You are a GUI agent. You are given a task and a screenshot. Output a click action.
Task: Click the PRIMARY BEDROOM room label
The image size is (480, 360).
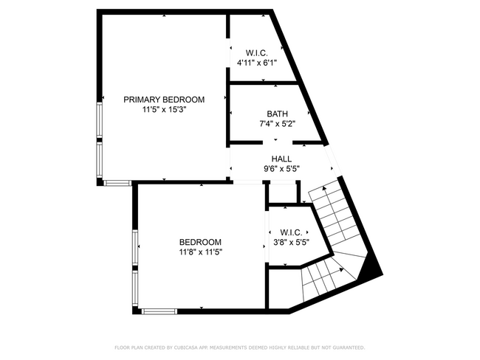coord(164,100)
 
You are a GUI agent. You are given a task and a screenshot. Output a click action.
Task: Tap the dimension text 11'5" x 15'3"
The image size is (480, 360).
coord(164,110)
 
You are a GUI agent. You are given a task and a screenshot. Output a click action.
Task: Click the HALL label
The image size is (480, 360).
coord(281,159)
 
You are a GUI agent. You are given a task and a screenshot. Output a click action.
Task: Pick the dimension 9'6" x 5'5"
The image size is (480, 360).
coord(281,168)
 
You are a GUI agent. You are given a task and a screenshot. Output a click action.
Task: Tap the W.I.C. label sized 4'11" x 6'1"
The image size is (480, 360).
coord(256,54)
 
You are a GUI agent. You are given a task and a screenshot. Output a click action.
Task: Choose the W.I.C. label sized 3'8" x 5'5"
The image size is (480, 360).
coord(290,232)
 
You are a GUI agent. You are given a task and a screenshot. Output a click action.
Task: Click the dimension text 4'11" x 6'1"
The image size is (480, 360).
coord(256,64)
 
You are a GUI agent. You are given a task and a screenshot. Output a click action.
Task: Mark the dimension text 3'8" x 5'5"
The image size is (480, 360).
coord(290,242)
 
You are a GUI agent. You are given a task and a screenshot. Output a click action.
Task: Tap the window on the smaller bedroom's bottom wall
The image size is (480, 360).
coord(159,311)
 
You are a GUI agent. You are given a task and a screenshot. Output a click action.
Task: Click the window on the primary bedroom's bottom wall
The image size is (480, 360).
coord(116,181)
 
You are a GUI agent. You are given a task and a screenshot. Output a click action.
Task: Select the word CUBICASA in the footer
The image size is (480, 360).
coord(190,347)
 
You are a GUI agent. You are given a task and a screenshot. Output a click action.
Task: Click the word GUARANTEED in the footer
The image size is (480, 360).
coord(346,347)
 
